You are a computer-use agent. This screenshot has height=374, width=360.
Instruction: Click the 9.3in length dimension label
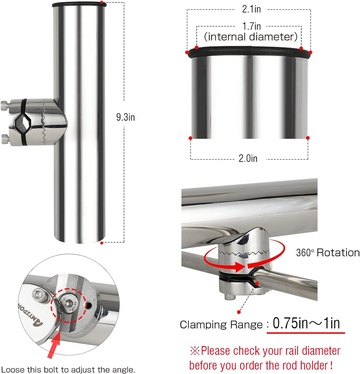pyautogui.click(x=125, y=117)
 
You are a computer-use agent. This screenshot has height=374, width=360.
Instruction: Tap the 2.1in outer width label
pyautogui.click(x=251, y=9)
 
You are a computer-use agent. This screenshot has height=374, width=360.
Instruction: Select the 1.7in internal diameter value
pyautogui.click(x=251, y=26)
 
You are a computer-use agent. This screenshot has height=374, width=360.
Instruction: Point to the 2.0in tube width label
pyautogui.click(x=248, y=159)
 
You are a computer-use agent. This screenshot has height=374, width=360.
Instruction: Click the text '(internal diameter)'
pyautogui.click(x=251, y=37)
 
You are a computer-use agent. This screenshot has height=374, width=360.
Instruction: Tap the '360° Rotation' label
pyautogui.click(x=328, y=252)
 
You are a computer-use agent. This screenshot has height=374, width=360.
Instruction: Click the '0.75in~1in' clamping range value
pyautogui.click(x=306, y=323)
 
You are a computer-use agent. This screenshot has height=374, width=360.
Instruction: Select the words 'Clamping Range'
pyautogui.click(x=221, y=325)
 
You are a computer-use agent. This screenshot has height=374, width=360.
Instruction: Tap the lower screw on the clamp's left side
pyautogui.click(x=5, y=139)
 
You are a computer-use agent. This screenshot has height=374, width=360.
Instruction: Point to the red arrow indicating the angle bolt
pyautogui.click(x=54, y=345)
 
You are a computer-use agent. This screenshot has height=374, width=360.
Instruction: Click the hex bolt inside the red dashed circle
pyautogui.click(x=68, y=303)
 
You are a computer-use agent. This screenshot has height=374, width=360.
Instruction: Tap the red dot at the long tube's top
pyautogui.click(x=102, y=2)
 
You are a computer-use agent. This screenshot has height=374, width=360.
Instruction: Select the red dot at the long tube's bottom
pyautogui.click(x=102, y=243)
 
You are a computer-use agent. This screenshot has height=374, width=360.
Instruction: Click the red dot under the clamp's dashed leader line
pyautogui.click(x=239, y=312)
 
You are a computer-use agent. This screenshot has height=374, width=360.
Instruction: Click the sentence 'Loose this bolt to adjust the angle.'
pyautogui.click(x=68, y=369)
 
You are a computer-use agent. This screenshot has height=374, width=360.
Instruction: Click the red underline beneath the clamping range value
pyautogui.click(x=306, y=332)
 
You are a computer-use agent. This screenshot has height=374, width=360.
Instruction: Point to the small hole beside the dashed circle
pyautogui.click(x=88, y=305)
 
